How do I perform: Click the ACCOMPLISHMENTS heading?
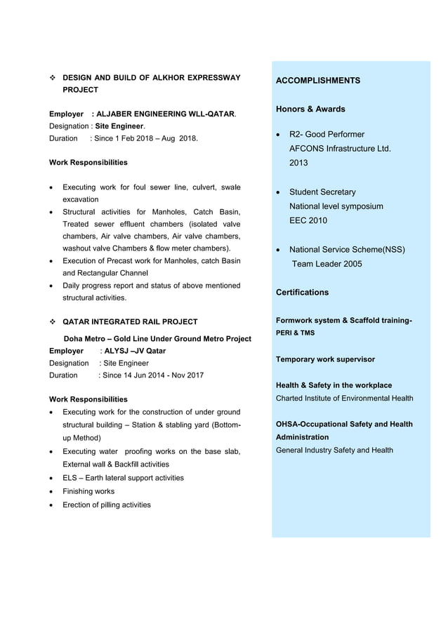tap(317, 81)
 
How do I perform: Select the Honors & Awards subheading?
tap(310, 109)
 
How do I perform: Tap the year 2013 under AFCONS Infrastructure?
tap(298, 163)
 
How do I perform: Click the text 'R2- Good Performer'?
tap(327, 134)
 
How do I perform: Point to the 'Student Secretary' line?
tap(322, 192)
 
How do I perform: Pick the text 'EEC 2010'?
tap(308, 220)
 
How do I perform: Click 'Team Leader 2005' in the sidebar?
tap(327, 264)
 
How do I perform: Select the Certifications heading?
tap(302, 292)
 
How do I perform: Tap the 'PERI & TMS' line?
tap(295, 333)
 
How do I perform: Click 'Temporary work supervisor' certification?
tap(325, 359)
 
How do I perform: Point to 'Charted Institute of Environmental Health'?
tap(344, 398)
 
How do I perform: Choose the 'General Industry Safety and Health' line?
tap(334, 450)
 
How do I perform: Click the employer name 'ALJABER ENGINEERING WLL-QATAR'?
tap(165, 114)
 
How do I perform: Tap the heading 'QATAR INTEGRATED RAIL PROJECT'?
tap(130, 322)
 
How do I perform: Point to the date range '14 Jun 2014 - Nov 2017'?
tap(162, 375)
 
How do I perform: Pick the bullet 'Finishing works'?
tap(88, 491)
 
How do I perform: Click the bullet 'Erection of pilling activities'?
tap(106, 505)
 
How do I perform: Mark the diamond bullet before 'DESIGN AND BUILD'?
tap(53, 78)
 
